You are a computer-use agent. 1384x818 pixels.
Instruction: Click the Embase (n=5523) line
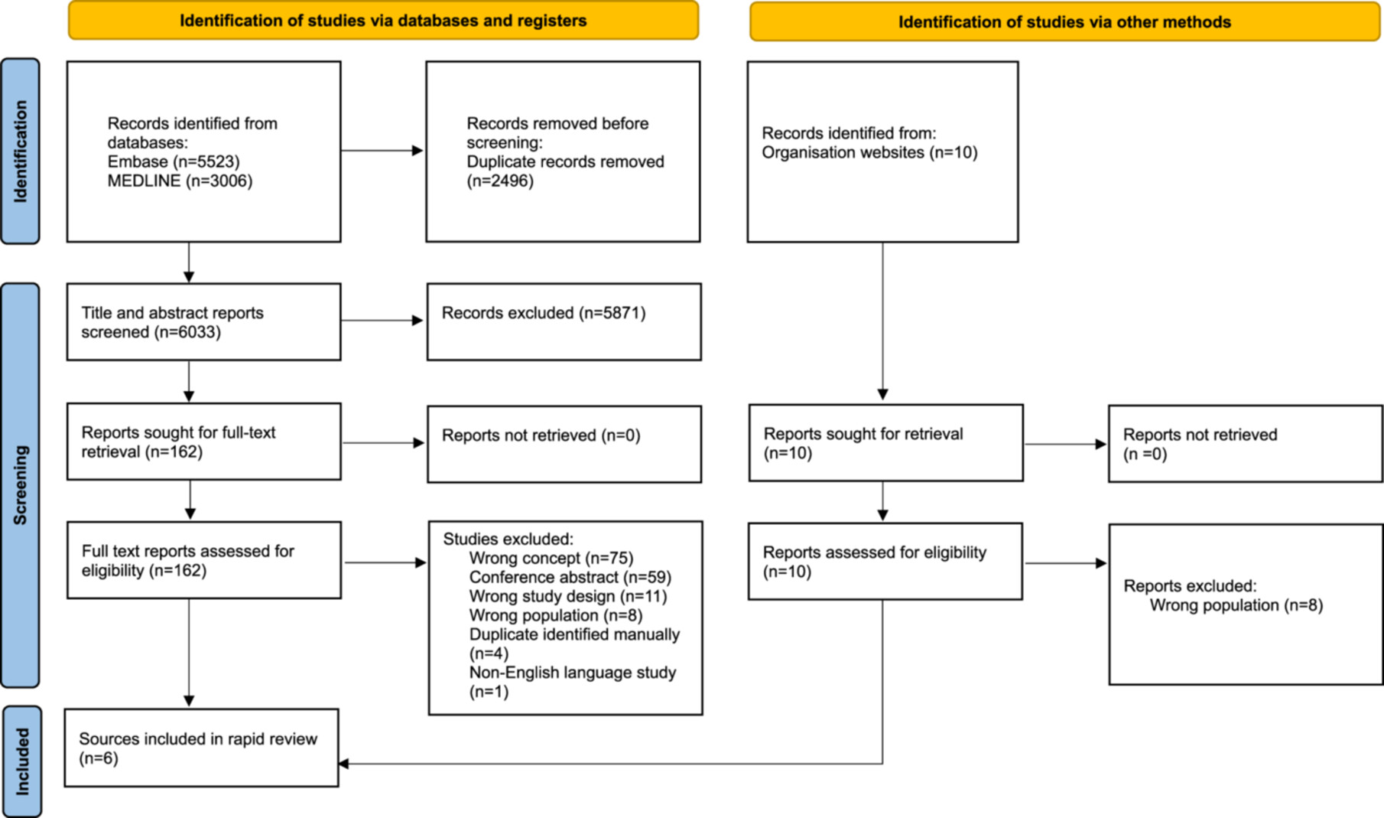coord(174,161)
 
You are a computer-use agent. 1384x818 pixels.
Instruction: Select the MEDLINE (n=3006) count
coord(180,181)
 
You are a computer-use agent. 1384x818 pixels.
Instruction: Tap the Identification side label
coord(20,152)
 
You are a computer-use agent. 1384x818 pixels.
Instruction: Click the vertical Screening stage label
coord(20,485)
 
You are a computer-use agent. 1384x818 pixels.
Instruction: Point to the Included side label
coord(22,761)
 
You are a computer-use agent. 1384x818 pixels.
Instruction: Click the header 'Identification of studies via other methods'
coord(1064,22)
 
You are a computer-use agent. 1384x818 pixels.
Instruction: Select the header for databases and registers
coord(383,21)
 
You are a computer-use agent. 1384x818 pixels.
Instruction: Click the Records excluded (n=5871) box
coord(564,322)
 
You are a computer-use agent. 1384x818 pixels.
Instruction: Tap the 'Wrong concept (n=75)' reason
coord(551,558)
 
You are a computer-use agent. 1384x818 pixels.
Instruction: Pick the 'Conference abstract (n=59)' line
coord(570,577)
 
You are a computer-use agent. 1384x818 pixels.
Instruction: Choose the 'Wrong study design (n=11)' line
coord(568,596)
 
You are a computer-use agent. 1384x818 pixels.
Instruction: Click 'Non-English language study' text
coord(573,673)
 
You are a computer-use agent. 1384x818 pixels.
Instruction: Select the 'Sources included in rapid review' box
coord(201,748)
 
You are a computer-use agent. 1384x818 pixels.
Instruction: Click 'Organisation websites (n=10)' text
coord(869,152)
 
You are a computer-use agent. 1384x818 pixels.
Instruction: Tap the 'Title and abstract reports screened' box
coord(203,322)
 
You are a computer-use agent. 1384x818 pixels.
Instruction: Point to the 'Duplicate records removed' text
coord(565,161)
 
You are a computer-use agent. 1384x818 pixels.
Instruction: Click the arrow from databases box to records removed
coord(382,151)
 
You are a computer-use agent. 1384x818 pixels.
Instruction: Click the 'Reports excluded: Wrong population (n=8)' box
coord(1246,605)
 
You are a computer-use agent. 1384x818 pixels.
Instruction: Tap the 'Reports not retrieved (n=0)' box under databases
coord(564,445)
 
